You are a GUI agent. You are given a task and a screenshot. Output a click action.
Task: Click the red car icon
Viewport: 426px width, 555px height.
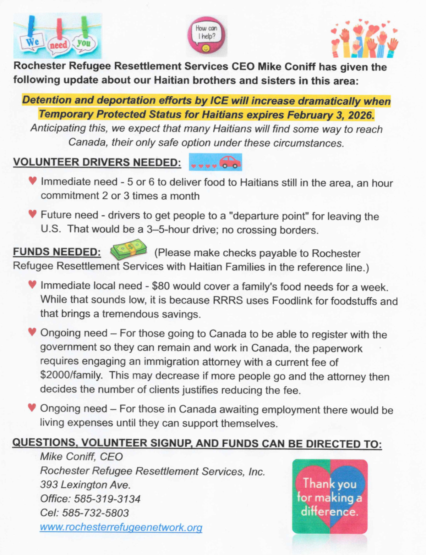230,162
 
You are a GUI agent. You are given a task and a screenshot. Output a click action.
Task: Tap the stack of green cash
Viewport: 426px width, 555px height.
129,249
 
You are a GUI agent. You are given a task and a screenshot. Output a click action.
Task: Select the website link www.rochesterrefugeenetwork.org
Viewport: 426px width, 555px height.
121,527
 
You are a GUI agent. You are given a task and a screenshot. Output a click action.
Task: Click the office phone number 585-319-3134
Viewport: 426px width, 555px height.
107,499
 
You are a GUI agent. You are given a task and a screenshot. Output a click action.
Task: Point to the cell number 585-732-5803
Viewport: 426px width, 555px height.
95,513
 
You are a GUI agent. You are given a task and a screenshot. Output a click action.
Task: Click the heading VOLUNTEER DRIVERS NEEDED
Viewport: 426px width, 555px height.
97,162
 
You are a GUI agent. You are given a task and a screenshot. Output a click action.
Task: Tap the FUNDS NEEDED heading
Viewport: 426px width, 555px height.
57,252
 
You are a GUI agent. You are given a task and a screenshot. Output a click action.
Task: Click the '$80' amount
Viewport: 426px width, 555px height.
160,286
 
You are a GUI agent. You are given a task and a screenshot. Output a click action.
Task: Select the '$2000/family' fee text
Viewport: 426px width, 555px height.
71,375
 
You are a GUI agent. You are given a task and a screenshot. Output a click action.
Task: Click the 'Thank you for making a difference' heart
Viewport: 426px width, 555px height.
330,496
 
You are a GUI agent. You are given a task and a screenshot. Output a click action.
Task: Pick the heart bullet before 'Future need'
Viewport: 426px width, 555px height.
32,214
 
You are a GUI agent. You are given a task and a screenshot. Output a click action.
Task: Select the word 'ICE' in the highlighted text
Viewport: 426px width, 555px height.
219,101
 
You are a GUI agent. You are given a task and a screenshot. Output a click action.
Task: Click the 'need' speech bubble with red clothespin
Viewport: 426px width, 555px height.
58,45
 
